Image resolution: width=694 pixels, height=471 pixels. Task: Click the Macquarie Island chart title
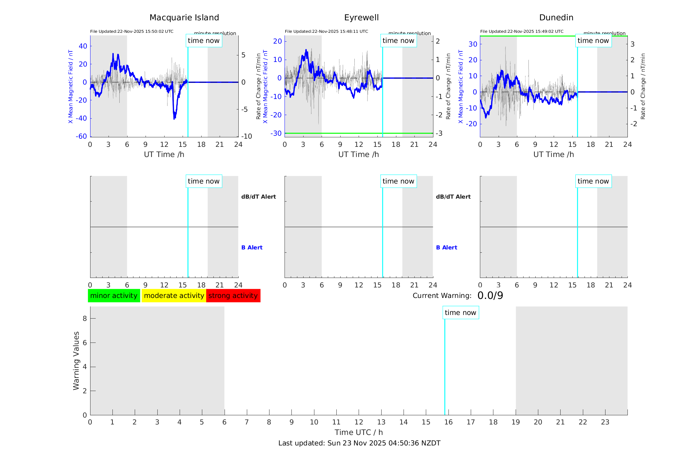[x=184, y=18]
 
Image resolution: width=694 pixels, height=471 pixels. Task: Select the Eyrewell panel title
[x=361, y=18]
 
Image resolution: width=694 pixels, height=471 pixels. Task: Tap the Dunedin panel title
[x=556, y=18]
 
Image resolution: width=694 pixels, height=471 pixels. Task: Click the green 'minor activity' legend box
[x=114, y=296]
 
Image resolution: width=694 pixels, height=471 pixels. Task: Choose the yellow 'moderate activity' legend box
[x=174, y=296]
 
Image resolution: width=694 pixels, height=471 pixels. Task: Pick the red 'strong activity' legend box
[x=233, y=296]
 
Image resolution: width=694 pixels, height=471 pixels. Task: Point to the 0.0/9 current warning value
[x=490, y=296]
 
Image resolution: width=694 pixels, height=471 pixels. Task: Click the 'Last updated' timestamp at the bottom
[x=359, y=443]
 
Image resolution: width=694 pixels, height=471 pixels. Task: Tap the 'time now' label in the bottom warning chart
[x=460, y=313]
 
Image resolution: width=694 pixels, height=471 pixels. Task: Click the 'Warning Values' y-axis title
[x=76, y=361]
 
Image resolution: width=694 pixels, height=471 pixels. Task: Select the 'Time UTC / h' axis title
[x=359, y=432]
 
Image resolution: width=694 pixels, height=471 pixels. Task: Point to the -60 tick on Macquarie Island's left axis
[x=81, y=136]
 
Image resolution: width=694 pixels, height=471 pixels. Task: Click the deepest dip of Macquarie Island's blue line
[x=174, y=118]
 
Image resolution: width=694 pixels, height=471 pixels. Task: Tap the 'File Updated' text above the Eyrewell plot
[x=326, y=31]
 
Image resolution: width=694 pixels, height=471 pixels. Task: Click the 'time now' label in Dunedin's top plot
[x=593, y=41]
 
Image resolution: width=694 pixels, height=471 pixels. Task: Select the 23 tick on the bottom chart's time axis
[x=605, y=422]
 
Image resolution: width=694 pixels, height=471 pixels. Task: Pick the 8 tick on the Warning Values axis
[x=85, y=319]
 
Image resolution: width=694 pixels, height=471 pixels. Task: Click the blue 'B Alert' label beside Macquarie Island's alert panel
[x=252, y=247]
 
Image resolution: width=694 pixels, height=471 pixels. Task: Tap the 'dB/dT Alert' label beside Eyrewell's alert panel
[x=453, y=197]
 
